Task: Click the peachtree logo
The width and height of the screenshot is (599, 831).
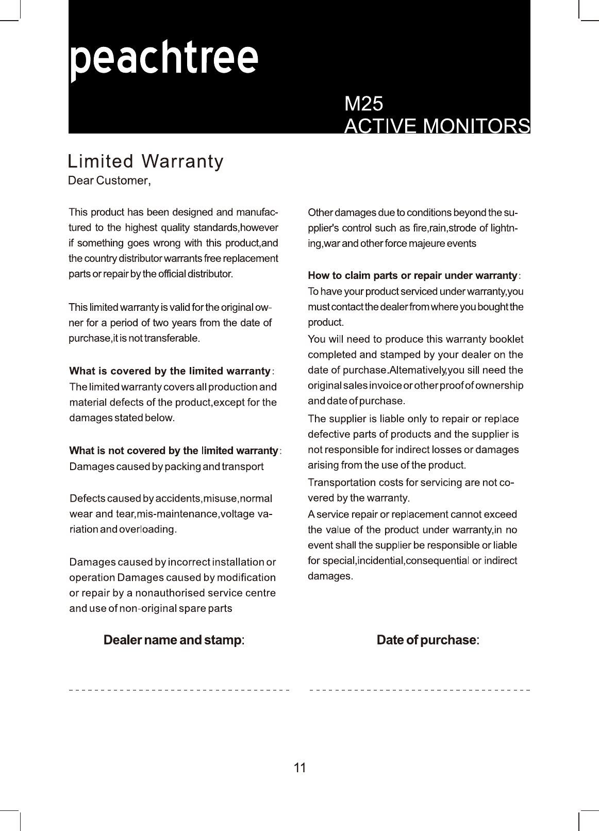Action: [x=163, y=59]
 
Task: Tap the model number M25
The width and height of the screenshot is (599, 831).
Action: [x=363, y=104]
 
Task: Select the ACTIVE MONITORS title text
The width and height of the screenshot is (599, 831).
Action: [x=437, y=126]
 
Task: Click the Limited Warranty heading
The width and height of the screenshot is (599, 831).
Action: [x=146, y=161]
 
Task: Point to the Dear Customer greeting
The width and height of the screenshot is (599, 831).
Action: [x=109, y=181]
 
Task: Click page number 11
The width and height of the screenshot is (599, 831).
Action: [x=299, y=768]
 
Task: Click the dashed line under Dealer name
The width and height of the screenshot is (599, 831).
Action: [x=179, y=690]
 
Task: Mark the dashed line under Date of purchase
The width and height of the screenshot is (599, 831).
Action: [x=420, y=690]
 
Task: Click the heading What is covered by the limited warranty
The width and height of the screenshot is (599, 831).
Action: [x=170, y=371]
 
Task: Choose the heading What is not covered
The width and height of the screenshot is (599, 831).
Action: [x=174, y=451]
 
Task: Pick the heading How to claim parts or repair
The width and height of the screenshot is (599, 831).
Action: [x=412, y=276]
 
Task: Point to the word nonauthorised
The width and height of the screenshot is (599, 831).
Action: [x=170, y=593]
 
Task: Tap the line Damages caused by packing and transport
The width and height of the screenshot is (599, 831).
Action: [x=166, y=467]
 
